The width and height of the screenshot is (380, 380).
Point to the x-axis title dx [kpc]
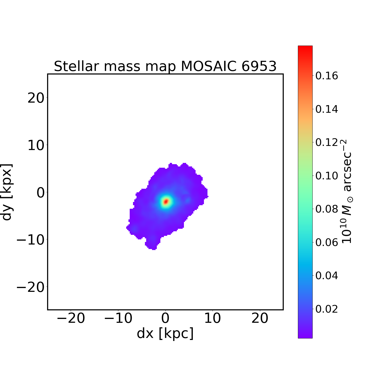[x=165, y=333]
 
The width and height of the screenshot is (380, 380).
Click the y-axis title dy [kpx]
[x=7, y=192]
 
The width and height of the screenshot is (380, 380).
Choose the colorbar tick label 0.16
[x=327, y=76]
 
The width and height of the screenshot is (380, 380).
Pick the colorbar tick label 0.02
[x=327, y=309]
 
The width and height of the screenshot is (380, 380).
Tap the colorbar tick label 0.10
[x=327, y=176]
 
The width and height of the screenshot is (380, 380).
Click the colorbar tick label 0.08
[x=327, y=209]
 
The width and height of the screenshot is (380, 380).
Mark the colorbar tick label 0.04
[x=327, y=276]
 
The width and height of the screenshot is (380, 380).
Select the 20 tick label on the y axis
[x=36, y=98]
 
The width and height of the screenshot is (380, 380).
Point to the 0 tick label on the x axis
[x=165, y=318]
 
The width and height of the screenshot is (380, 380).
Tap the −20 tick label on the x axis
[x=71, y=318]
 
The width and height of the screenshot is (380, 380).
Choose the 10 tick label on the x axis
[x=212, y=318]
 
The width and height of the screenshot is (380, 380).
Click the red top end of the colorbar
[x=305, y=48]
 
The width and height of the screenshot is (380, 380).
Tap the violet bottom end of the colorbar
[x=305, y=336]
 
